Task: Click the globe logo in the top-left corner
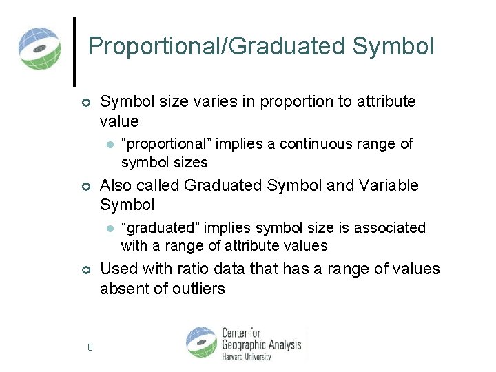(x=40, y=48)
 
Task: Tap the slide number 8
(x=90, y=347)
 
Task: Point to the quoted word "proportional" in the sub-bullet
(x=167, y=144)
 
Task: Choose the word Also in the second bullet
(x=115, y=186)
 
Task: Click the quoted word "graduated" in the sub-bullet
(x=161, y=227)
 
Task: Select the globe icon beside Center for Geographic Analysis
(x=201, y=342)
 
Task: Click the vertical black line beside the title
(x=74, y=51)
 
